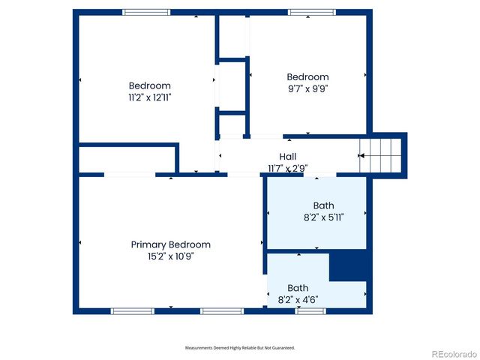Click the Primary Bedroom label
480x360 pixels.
[170, 244]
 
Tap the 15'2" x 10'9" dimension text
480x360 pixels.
[170, 256]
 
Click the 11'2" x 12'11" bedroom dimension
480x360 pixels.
[149, 97]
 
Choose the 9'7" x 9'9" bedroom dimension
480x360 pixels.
[307, 88]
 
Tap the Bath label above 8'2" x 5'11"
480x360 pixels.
[323, 205]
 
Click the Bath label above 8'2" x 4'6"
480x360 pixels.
[298, 287]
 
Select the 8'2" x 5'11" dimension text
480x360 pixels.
[323, 217]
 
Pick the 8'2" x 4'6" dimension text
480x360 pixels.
[298, 299]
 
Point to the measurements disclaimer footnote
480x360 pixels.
[240, 348]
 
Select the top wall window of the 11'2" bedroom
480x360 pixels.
[146, 12]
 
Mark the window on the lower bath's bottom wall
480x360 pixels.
[310, 310]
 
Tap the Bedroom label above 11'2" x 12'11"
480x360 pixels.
[149, 85]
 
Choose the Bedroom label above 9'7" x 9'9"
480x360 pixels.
[307, 76]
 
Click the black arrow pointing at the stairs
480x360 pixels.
[361, 156]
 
